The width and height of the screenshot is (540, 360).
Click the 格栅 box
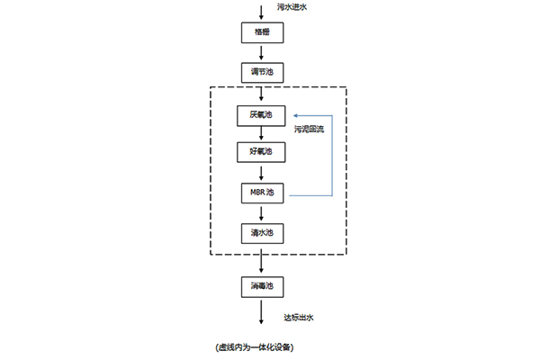click(x=262, y=32)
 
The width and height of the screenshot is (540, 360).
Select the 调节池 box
click(x=262, y=73)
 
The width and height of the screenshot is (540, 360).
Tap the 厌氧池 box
click(x=261, y=116)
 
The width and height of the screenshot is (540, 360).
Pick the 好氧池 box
click(x=261, y=152)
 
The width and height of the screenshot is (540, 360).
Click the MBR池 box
click(x=262, y=193)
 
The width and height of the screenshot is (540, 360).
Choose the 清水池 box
click(x=262, y=234)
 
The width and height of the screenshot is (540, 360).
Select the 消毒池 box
click(x=262, y=287)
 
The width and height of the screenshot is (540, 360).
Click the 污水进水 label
click(x=292, y=7)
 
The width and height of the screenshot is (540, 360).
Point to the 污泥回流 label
click(x=309, y=130)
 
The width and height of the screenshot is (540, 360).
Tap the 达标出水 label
click(x=299, y=318)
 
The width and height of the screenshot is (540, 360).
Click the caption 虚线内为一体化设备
click(x=255, y=347)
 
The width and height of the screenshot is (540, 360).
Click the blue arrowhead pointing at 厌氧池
click(x=295, y=116)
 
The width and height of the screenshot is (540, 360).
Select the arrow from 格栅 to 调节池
click(x=261, y=53)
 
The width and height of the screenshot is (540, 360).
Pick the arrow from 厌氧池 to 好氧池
click(x=261, y=133)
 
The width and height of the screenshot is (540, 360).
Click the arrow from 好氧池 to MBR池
click(x=261, y=174)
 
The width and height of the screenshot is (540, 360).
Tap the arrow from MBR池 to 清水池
click(x=261, y=213)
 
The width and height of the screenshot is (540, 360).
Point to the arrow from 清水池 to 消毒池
click(x=261, y=261)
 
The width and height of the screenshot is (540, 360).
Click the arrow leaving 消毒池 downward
click(x=261, y=312)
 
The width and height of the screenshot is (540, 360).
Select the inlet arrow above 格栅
click(x=261, y=13)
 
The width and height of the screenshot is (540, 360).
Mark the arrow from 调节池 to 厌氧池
click(x=261, y=94)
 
